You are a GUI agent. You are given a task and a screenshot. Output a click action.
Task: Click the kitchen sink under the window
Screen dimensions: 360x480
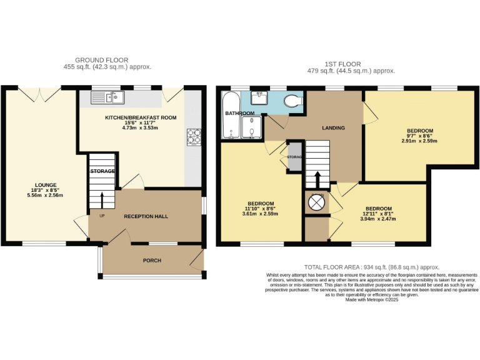(107, 97)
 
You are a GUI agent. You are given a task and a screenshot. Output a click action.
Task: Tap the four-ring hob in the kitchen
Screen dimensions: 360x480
(193, 136)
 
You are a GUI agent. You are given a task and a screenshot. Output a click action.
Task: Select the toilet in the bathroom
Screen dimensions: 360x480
(292, 100)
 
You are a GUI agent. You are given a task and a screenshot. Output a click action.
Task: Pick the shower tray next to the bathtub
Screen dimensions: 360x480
(251, 127)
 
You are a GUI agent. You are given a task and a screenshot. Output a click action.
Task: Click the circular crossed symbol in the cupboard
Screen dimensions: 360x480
(317, 202)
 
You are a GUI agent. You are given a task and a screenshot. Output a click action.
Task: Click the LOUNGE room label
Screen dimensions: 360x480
(46, 185)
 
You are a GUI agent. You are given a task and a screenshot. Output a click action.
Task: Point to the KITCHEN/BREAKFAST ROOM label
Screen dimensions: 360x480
(140, 117)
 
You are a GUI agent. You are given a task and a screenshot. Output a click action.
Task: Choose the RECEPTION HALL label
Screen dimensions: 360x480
(146, 216)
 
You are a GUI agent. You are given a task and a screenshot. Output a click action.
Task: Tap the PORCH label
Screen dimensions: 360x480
(152, 260)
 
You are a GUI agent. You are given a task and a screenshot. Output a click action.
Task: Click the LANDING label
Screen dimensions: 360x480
(333, 127)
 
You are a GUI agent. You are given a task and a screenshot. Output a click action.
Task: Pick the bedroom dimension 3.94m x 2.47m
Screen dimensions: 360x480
(378, 219)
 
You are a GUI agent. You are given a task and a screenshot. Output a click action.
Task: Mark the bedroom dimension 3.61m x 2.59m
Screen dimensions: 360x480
(260, 214)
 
